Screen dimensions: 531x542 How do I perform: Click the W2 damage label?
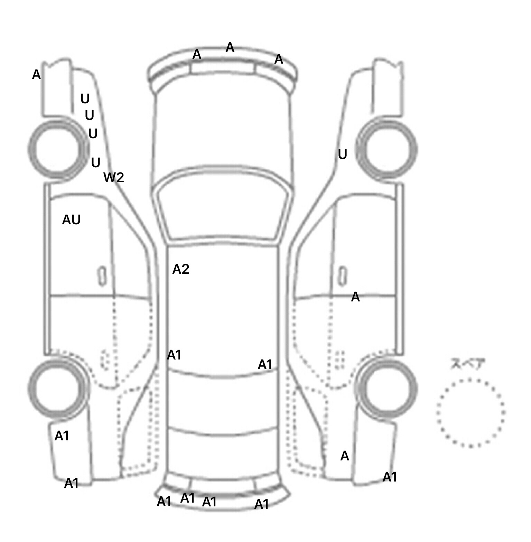(114, 178)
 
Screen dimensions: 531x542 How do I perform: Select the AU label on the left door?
(71, 220)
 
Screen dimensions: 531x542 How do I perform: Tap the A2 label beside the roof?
(181, 269)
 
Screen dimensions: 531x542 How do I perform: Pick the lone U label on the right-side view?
(342, 155)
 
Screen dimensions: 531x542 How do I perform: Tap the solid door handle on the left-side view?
(102, 276)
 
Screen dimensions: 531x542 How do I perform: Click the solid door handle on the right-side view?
(342, 276)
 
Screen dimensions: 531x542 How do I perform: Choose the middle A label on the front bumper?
(230, 47)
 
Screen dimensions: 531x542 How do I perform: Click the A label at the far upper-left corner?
(36, 75)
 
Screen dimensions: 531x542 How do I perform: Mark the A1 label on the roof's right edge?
(265, 365)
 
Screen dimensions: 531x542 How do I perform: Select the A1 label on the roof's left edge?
(174, 355)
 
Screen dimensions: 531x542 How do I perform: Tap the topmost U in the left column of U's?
(85, 99)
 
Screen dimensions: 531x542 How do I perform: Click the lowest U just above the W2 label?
(96, 162)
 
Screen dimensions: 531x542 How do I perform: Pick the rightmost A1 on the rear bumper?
(262, 505)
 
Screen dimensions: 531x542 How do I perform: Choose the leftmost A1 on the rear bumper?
(164, 502)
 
